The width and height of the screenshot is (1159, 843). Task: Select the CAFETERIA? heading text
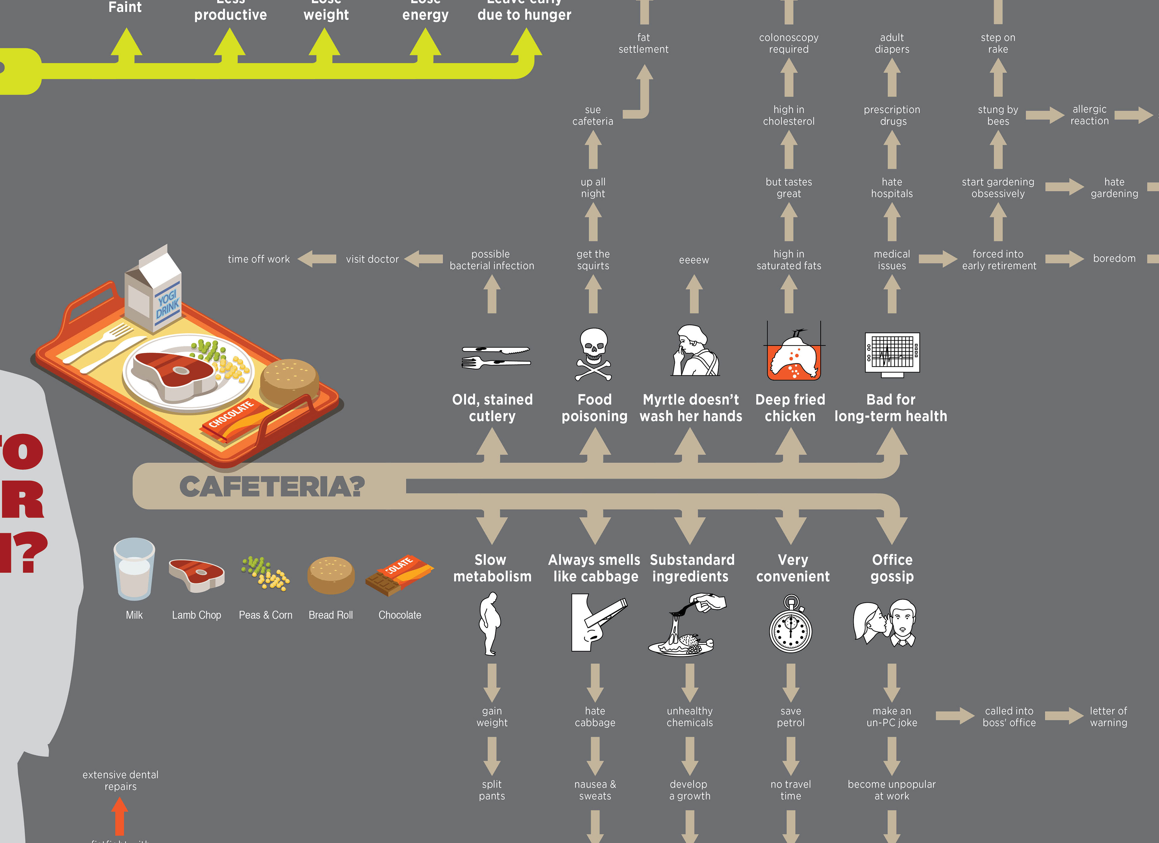pyautogui.click(x=272, y=486)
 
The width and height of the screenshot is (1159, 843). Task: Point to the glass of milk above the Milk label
pyautogui.click(x=134, y=569)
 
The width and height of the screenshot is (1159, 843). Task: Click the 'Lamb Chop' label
pyautogui.click(x=196, y=615)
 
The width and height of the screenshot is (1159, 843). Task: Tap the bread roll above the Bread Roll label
pyautogui.click(x=330, y=575)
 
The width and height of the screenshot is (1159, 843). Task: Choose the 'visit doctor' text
pyautogui.click(x=372, y=259)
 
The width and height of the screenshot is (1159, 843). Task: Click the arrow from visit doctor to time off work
pyautogui.click(x=317, y=259)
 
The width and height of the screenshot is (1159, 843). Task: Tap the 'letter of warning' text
pyautogui.click(x=1108, y=717)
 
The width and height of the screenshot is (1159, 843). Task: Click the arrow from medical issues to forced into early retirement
pyautogui.click(x=937, y=259)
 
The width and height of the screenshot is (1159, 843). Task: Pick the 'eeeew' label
pyautogui.click(x=694, y=260)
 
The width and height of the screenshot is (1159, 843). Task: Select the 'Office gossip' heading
pyautogui.click(x=892, y=568)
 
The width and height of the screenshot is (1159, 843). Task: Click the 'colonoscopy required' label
pyautogui.click(x=788, y=43)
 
